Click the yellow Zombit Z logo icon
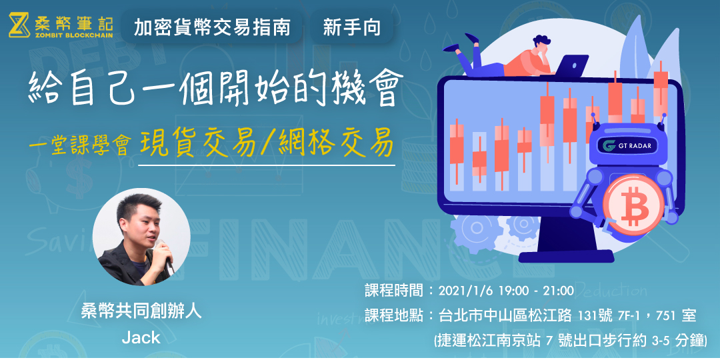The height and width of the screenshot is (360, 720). pyautogui.click(x=19, y=25)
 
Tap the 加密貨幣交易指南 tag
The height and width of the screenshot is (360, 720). pyautogui.click(x=212, y=27)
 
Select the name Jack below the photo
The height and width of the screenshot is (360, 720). pyautogui.click(x=141, y=337)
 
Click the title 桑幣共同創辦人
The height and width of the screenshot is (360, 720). pyautogui.click(x=141, y=311)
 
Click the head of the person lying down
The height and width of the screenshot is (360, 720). pyautogui.click(x=538, y=45)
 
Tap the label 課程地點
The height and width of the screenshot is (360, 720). pyautogui.click(x=395, y=315)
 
